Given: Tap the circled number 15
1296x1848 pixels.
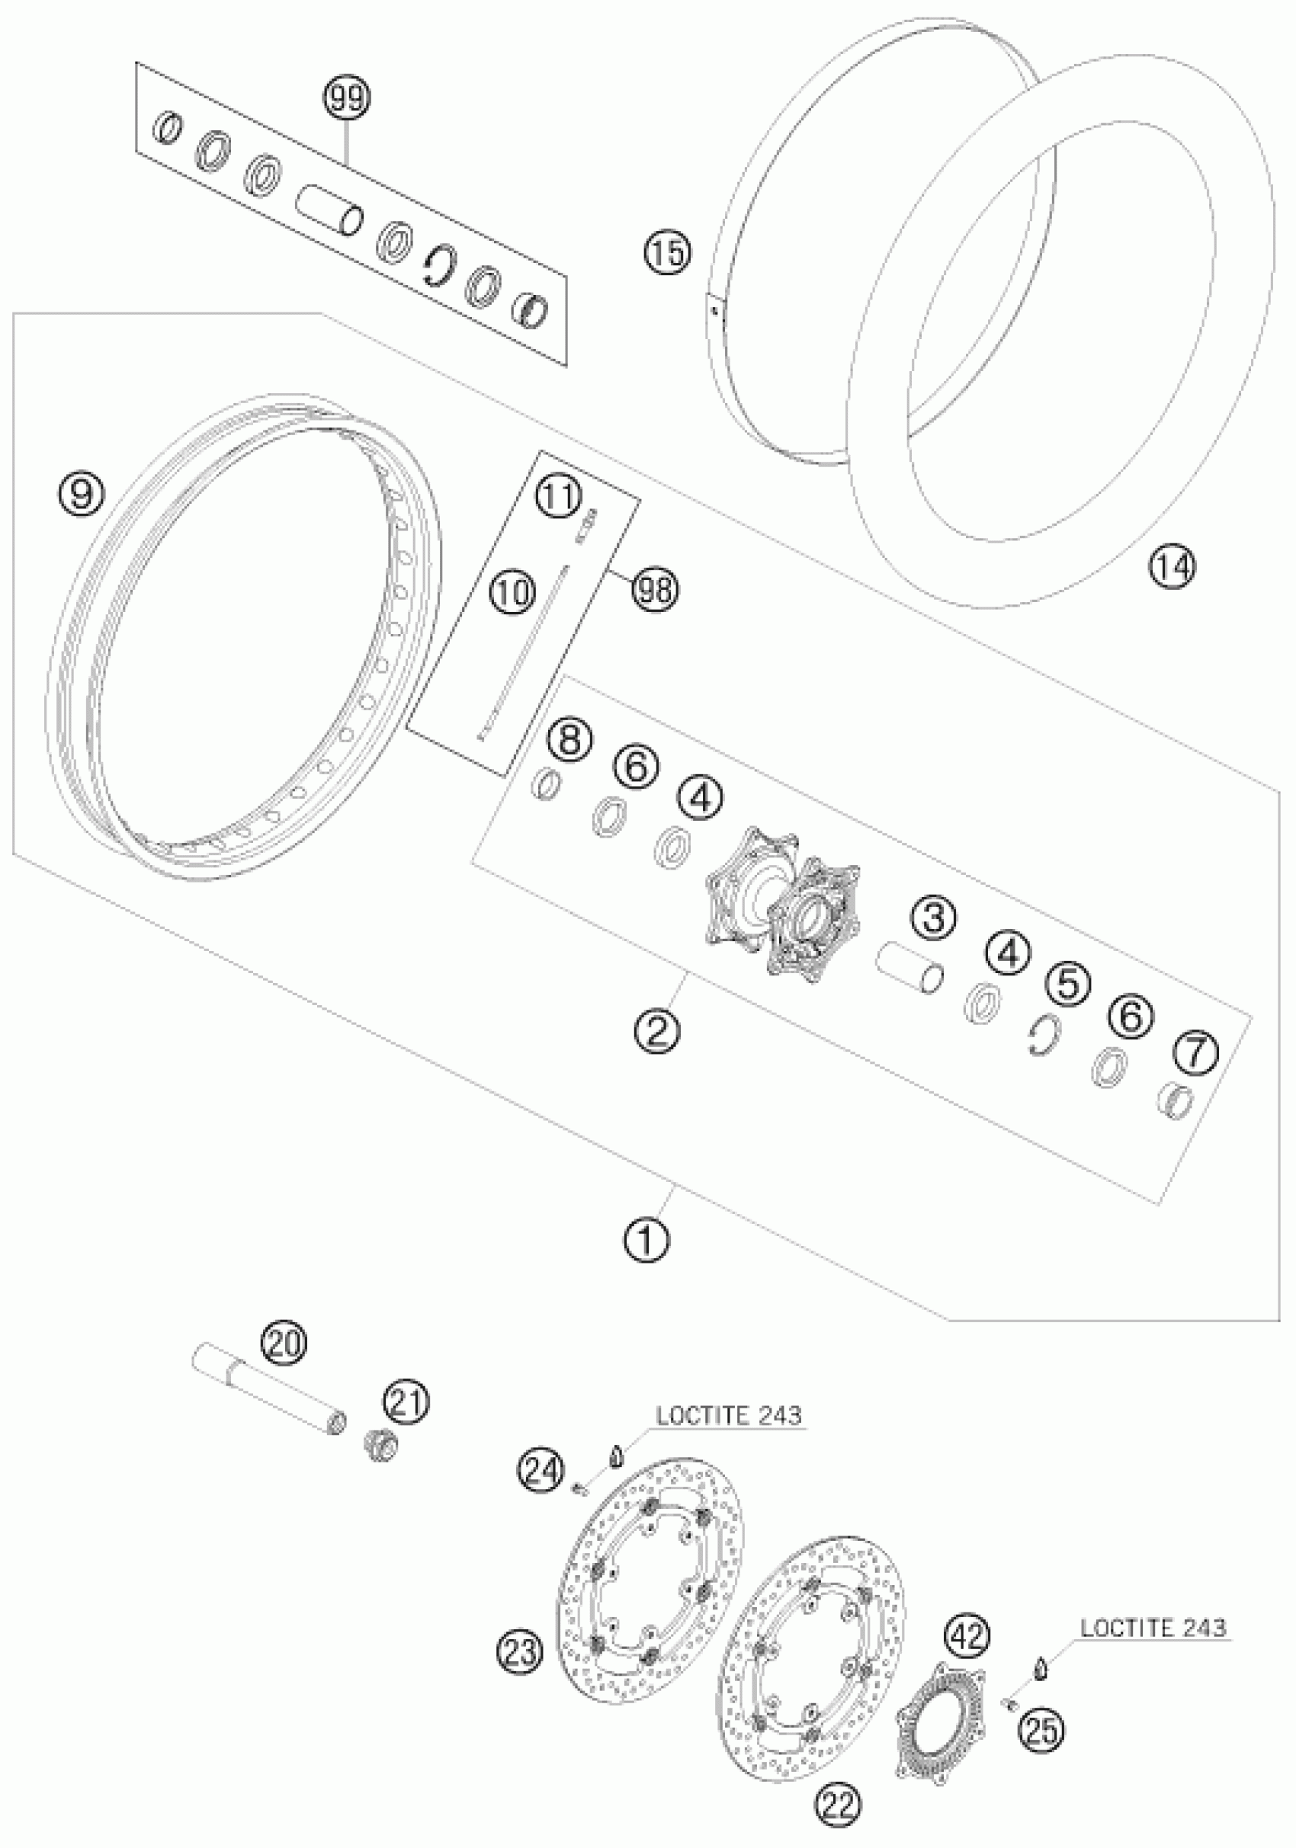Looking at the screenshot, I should coord(667,253).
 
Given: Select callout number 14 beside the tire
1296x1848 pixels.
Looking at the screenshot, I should coord(1172,567).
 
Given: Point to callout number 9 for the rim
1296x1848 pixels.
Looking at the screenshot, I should coord(82,492).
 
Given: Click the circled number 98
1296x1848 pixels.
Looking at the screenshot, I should coord(654,590).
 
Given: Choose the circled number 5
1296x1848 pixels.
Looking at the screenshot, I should coord(1067,984).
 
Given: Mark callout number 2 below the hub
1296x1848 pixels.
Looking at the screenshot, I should coord(657,1032).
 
